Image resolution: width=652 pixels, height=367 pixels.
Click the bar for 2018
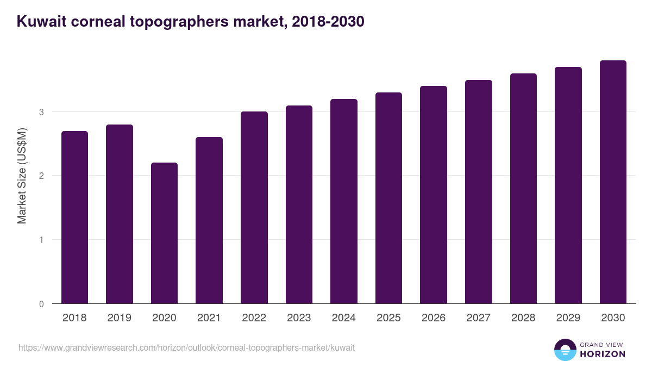(x=74, y=217)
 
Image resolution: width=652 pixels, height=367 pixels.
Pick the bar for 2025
(x=388, y=198)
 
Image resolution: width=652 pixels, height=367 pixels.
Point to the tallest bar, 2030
(x=613, y=182)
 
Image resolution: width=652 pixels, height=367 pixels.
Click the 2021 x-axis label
(x=209, y=318)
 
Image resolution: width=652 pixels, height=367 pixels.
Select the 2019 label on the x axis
(x=119, y=318)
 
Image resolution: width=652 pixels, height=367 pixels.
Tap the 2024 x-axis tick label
(x=343, y=318)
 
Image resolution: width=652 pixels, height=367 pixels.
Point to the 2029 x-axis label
(x=568, y=318)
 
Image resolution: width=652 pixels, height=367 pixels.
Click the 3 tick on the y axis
(x=41, y=112)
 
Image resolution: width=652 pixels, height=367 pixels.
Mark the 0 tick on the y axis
(x=41, y=304)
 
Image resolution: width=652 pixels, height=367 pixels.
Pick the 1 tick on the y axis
(x=41, y=240)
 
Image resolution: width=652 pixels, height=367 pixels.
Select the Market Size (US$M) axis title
(x=22, y=176)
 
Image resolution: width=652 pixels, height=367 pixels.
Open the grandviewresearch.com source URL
(x=186, y=347)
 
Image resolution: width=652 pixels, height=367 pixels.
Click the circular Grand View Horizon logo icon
(x=565, y=350)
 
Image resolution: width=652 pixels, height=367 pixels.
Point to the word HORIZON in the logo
(x=602, y=354)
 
